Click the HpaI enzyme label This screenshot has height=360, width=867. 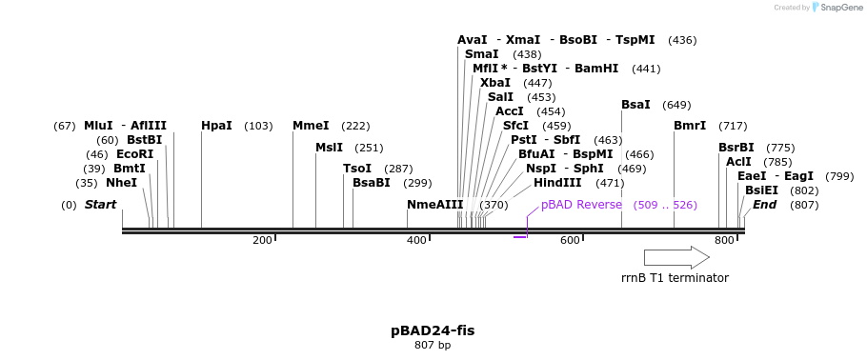pyautogui.click(x=216, y=126)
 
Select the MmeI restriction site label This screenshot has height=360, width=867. pyautogui.click(x=311, y=126)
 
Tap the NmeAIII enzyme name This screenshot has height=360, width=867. pyautogui.click(x=434, y=205)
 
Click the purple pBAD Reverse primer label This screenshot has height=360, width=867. pyautogui.click(x=581, y=205)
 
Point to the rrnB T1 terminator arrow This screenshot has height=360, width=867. pyautogui.click(x=676, y=257)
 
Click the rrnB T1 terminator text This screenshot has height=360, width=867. pyautogui.click(x=675, y=278)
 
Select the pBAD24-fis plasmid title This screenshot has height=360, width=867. pyautogui.click(x=433, y=330)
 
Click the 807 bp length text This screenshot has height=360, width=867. pyautogui.click(x=433, y=345)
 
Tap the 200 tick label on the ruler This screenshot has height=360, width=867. pyautogui.click(x=262, y=240)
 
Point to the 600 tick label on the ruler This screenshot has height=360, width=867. pyautogui.click(x=570, y=240)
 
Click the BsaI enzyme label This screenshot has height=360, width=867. pyautogui.click(x=635, y=105)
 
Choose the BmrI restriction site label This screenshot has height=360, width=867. pyautogui.click(x=690, y=126)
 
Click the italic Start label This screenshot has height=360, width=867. pyautogui.click(x=100, y=205)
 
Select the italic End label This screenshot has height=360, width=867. pyautogui.click(x=764, y=205)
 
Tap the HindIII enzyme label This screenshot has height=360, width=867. pyautogui.click(x=557, y=183)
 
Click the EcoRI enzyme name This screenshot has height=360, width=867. pyautogui.click(x=134, y=154)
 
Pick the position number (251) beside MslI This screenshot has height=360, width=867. pyautogui.click(x=369, y=148)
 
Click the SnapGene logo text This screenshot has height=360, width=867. pyautogui.click(x=836, y=8)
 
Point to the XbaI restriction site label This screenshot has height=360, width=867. pyautogui.click(x=494, y=83)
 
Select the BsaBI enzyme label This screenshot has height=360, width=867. pyautogui.click(x=372, y=183)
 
